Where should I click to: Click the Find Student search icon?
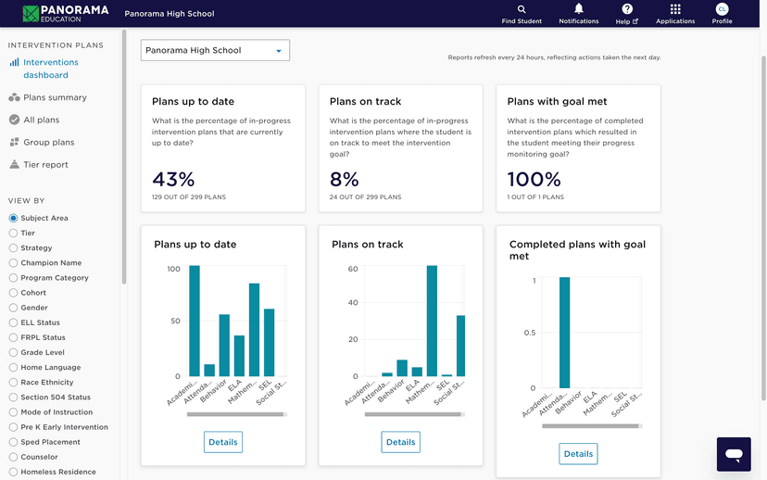[x=522, y=9]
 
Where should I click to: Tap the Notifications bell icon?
[x=579, y=9]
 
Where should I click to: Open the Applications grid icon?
[x=674, y=9]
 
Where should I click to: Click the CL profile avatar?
[x=722, y=9]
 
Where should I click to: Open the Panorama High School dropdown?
[x=215, y=50]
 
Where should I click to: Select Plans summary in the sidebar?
[x=55, y=97]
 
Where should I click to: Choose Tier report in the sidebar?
[x=45, y=165]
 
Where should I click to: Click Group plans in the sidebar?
[x=48, y=143]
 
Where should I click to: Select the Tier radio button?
[x=13, y=234]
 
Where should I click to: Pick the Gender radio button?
[x=13, y=308]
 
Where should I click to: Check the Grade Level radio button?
[x=13, y=352]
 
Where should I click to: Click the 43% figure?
[x=173, y=179]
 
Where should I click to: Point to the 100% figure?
[x=534, y=179]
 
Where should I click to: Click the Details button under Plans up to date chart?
[x=222, y=442]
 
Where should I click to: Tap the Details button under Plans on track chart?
[x=400, y=442]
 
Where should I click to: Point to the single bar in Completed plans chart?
[x=564, y=333]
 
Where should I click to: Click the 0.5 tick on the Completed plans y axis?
[x=530, y=333]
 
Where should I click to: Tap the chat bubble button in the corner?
[x=734, y=454]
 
